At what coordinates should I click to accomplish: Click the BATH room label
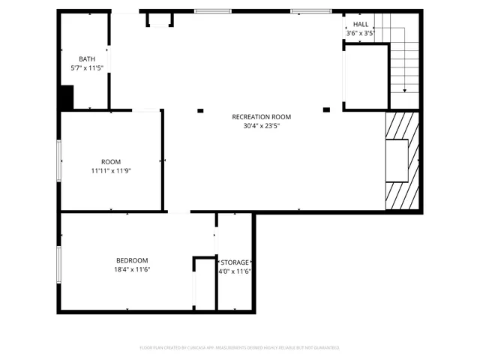(x=86, y=58)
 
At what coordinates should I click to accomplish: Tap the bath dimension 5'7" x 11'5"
(x=86, y=67)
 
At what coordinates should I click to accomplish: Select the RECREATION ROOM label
(x=261, y=117)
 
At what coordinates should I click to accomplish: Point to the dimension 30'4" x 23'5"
(x=261, y=126)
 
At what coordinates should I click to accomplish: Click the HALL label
(x=361, y=25)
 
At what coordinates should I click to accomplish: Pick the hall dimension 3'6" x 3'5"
(x=360, y=34)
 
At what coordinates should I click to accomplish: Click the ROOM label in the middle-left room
(x=111, y=162)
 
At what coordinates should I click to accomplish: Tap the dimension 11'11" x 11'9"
(x=111, y=171)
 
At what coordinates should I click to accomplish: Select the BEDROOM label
(x=131, y=260)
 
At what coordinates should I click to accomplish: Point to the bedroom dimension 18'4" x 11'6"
(x=132, y=270)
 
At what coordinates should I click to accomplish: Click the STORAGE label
(x=235, y=262)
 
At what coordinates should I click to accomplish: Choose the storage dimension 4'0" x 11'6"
(x=235, y=271)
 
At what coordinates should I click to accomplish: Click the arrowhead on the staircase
(x=405, y=91)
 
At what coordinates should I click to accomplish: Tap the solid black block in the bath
(x=66, y=97)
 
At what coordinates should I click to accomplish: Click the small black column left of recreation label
(x=200, y=111)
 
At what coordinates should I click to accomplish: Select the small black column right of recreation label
(x=326, y=110)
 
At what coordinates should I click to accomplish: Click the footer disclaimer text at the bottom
(x=240, y=348)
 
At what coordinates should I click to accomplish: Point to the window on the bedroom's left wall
(x=58, y=265)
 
